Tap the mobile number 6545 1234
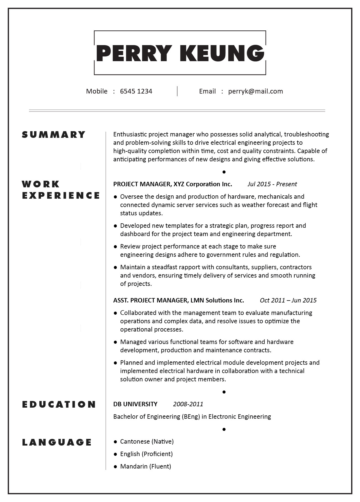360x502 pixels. [x=136, y=91]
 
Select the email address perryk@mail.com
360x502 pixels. [x=255, y=91]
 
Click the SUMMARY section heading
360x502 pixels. [x=54, y=135]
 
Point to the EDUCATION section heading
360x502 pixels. [x=59, y=405]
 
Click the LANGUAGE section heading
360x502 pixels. [x=57, y=442]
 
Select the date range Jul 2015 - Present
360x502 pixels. [x=272, y=184]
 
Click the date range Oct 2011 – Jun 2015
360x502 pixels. [x=288, y=301]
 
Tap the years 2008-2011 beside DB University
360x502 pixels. [x=188, y=404]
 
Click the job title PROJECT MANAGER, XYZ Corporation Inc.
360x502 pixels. [x=173, y=184]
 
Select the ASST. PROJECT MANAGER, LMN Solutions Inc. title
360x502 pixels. [x=179, y=301]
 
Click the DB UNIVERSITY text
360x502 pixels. [x=135, y=404]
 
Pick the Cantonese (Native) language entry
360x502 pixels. [x=147, y=442]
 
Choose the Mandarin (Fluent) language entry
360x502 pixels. [x=145, y=467]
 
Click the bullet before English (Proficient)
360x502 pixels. [x=115, y=454]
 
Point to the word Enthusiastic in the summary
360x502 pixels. [x=130, y=134]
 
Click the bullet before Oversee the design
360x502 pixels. [x=115, y=197]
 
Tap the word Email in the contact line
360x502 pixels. [x=207, y=91]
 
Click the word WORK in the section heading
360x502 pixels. [x=41, y=184]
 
